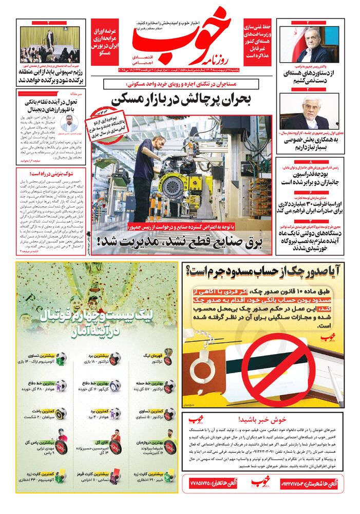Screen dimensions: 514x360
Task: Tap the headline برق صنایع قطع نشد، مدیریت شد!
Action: [182, 240]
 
